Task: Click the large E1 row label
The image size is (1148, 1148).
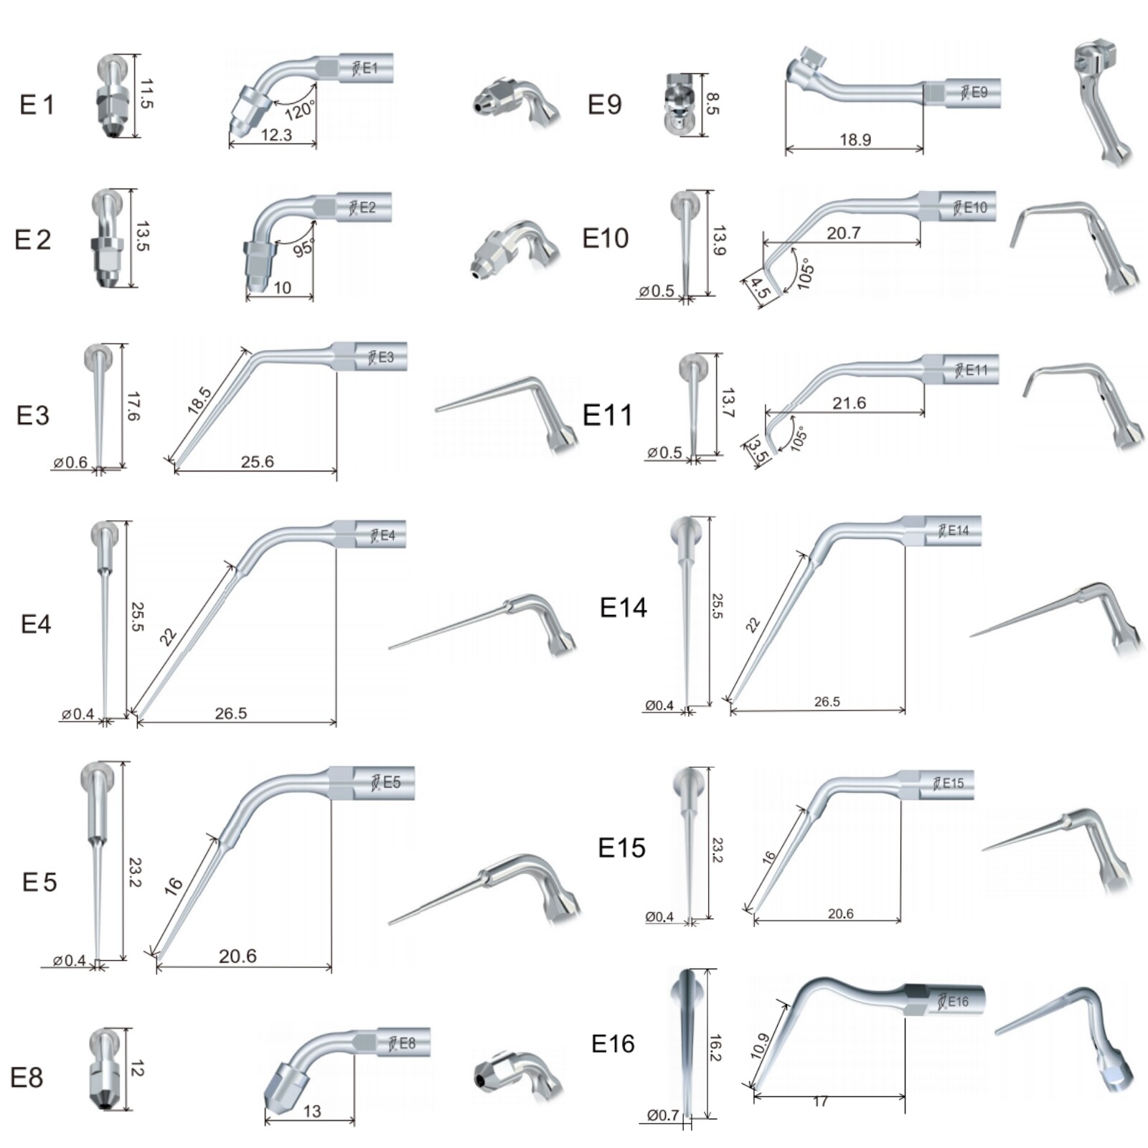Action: (x=37, y=105)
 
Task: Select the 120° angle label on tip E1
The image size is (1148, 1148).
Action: (x=300, y=110)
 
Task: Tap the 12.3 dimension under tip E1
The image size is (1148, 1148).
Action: (x=276, y=134)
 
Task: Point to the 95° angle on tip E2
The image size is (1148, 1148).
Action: (x=304, y=248)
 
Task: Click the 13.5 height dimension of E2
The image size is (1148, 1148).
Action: (x=143, y=236)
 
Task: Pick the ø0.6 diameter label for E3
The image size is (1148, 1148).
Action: (x=70, y=462)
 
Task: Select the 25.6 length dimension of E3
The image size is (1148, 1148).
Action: (x=257, y=461)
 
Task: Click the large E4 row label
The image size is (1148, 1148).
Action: (x=36, y=624)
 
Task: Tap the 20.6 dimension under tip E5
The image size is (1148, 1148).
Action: (x=237, y=956)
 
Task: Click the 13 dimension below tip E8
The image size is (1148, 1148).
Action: (x=312, y=1111)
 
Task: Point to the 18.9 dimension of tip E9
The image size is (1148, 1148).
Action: (x=855, y=139)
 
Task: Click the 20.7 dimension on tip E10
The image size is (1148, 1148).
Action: (x=843, y=232)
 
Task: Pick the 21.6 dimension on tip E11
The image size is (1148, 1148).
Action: (x=849, y=403)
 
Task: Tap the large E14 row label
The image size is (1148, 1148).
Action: (x=623, y=608)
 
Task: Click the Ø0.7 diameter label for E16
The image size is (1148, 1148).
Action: (x=662, y=1115)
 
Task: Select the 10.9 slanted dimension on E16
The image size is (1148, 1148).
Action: (x=760, y=1046)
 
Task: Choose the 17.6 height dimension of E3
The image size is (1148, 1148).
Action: (x=133, y=406)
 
